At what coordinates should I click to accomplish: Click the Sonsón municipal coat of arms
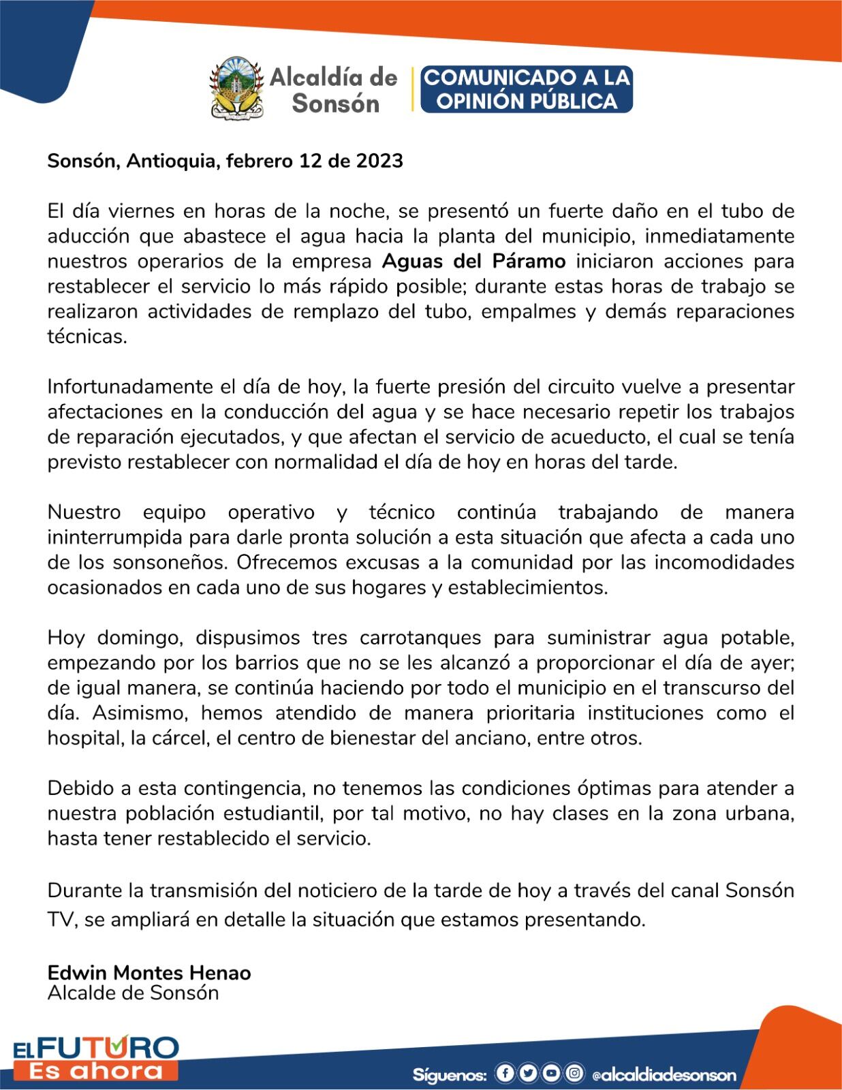point(236,89)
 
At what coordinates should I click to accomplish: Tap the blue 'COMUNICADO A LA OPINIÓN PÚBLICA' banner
point(527,89)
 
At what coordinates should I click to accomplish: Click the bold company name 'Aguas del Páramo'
point(474,262)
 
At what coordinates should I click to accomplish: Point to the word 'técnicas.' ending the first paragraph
point(87,337)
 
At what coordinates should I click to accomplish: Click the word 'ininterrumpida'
point(114,538)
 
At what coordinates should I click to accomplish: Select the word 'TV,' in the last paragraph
point(63,920)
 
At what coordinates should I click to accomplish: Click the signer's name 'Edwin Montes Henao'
point(149,973)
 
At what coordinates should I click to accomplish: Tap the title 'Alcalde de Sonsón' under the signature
point(134,993)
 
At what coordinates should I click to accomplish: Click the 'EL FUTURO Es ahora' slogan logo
point(95,1057)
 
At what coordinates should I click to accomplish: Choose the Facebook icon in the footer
point(505,1074)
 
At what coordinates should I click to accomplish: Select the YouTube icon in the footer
point(551,1074)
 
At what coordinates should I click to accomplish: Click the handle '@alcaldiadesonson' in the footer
point(664,1075)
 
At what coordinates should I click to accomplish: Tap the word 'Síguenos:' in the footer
point(450,1075)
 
